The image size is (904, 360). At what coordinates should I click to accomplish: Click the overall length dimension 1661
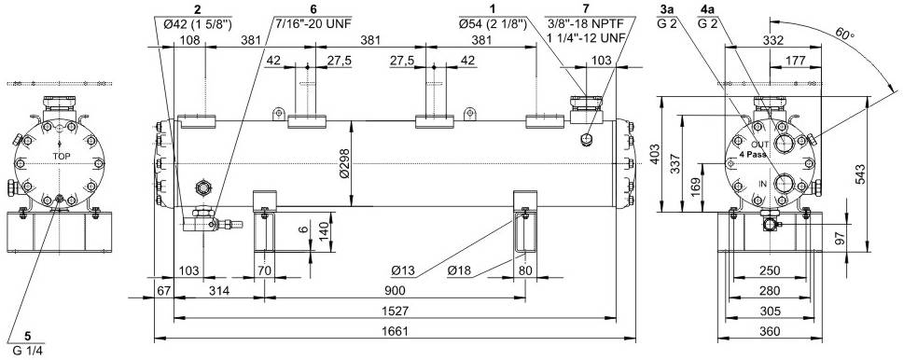point(395,331)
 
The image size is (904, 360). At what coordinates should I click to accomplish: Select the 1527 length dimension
point(395,311)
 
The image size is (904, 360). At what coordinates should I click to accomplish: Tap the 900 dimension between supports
point(395,290)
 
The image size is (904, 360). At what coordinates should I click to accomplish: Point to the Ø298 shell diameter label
point(344,164)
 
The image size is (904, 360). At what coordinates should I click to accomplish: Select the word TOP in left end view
point(62,156)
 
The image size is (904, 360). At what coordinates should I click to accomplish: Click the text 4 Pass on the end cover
point(753,154)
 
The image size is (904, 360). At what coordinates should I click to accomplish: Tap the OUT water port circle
point(785,143)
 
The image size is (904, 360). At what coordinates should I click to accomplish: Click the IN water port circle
point(785,185)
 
